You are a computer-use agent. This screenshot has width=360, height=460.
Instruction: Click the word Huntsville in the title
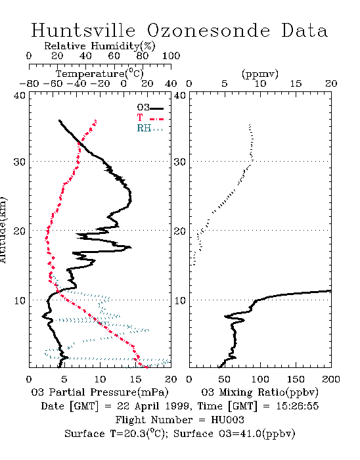point(83,30)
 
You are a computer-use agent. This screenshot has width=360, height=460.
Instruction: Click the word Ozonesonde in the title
point(208,30)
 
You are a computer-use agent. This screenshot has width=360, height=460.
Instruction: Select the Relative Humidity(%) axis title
point(100,46)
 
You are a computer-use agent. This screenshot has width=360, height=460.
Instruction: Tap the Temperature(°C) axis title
point(100,74)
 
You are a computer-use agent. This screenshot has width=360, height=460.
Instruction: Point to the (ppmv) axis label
point(260,74)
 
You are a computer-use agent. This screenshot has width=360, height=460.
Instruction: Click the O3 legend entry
point(150,108)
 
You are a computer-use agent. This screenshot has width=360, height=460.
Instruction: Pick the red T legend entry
point(150,118)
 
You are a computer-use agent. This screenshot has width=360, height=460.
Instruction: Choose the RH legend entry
point(150,128)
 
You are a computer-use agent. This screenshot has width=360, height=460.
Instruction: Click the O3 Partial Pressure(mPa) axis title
point(100,392)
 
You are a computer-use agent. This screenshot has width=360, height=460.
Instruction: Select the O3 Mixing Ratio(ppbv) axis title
point(259,392)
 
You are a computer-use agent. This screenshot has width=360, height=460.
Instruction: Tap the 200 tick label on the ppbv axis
point(331,379)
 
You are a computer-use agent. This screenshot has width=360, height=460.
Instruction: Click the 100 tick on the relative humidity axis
point(171,56)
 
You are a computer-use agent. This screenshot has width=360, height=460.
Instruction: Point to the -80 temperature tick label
point(29,84)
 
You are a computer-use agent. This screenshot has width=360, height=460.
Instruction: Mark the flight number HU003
point(227,420)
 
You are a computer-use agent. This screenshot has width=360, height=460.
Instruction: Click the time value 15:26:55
point(298,406)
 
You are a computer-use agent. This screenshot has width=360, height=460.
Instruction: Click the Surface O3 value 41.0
point(251,434)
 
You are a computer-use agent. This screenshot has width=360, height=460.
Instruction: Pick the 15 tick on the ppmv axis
point(296,84)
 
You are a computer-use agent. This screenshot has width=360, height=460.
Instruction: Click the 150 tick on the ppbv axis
point(296,379)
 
